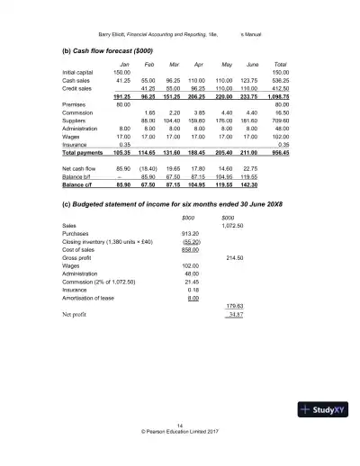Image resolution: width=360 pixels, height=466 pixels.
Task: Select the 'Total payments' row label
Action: point(85,152)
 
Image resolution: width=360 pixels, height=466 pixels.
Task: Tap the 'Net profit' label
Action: point(76,314)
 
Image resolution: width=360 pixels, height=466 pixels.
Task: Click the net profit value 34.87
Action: point(231,314)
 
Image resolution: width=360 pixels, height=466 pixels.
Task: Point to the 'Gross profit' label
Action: point(78,256)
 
